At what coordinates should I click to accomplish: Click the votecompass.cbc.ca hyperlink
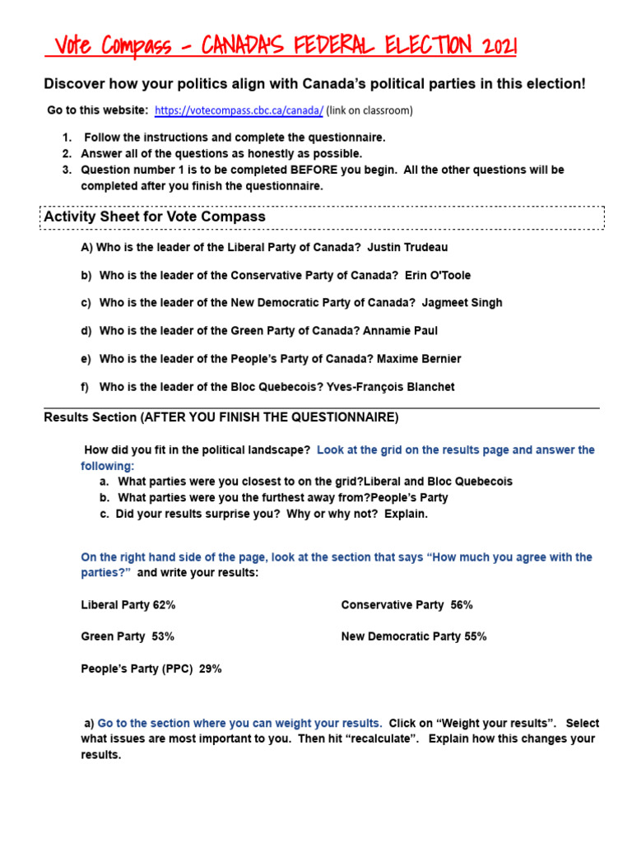click(x=239, y=110)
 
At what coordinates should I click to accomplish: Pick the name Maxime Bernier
click(x=419, y=358)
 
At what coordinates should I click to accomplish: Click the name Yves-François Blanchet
click(x=390, y=386)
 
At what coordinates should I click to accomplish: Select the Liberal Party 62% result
click(x=128, y=604)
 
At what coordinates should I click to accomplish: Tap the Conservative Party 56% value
click(x=407, y=604)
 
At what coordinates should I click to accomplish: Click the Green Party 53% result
click(x=127, y=636)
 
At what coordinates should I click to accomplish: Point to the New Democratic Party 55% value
click(x=413, y=636)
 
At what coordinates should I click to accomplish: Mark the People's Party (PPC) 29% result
click(x=151, y=668)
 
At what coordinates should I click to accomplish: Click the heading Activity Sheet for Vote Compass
click(x=155, y=217)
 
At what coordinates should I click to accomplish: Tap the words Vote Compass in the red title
click(x=109, y=46)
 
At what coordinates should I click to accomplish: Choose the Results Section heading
click(x=221, y=417)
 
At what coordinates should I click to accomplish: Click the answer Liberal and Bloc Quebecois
click(x=438, y=481)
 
